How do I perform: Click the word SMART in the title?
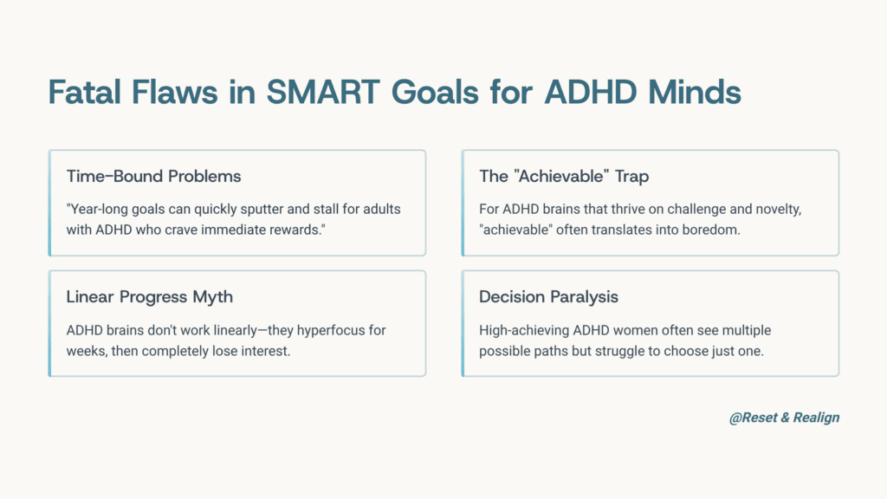point(323,92)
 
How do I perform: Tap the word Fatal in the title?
point(85,92)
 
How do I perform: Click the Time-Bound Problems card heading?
point(153,176)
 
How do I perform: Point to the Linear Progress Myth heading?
point(149,297)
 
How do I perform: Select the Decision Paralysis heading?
point(548,297)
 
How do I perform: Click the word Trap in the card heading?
point(631,177)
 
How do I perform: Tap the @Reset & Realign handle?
point(784,418)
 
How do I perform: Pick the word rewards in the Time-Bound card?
point(300,230)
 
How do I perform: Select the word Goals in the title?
point(435,92)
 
